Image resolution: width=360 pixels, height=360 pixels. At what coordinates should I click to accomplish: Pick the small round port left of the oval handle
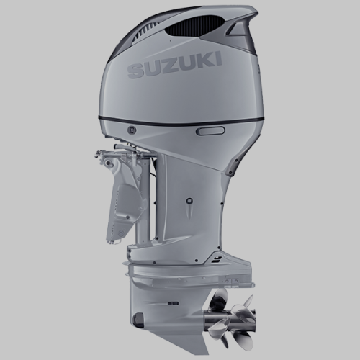click(x=133, y=130)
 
